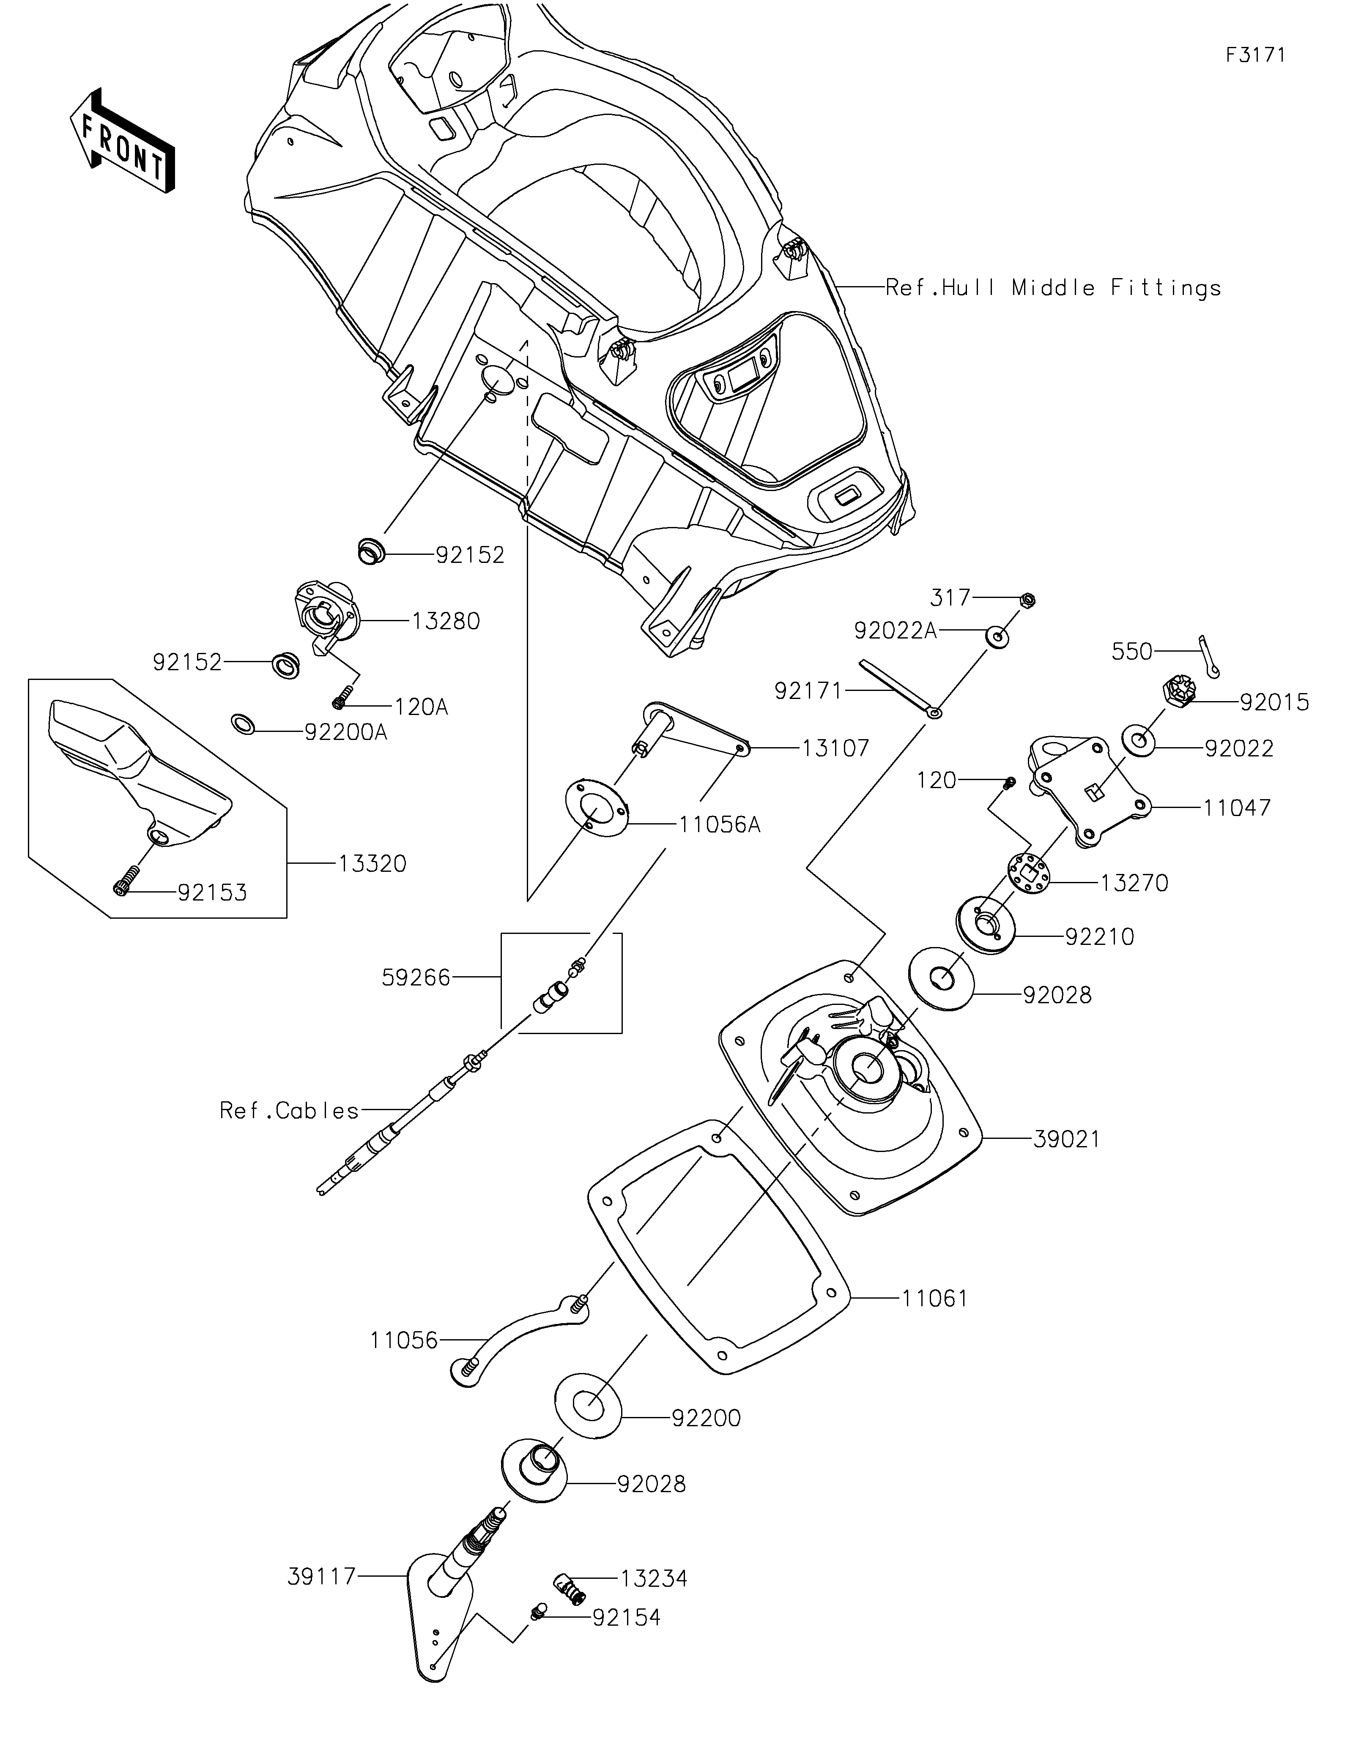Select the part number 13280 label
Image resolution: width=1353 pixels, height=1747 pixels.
[x=446, y=621]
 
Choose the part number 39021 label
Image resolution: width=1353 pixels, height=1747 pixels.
[x=1067, y=1138]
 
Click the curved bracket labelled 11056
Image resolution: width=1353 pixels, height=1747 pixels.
[x=520, y=1340]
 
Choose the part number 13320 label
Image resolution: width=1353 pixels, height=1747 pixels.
[x=372, y=864]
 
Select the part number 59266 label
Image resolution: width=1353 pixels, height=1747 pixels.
[x=416, y=977]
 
